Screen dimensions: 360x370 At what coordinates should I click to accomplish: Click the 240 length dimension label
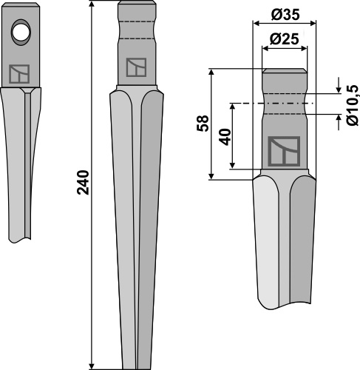pos(84,182)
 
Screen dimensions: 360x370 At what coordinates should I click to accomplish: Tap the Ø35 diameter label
pos(285,15)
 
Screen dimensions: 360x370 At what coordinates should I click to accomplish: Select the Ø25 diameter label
pos(284,39)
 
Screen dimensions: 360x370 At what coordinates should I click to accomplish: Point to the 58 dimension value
pos(203,124)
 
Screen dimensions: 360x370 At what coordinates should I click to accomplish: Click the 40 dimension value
pos(225,137)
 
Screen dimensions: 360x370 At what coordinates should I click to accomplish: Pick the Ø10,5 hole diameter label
pos(353,105)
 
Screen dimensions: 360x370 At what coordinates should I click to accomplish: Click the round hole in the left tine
pos(21,33)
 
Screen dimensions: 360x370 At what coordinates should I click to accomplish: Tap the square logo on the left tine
pos(19,74)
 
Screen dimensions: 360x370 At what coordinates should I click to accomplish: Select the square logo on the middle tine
pos(136,67)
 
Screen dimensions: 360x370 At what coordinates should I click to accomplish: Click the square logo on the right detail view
pos(284,151)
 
